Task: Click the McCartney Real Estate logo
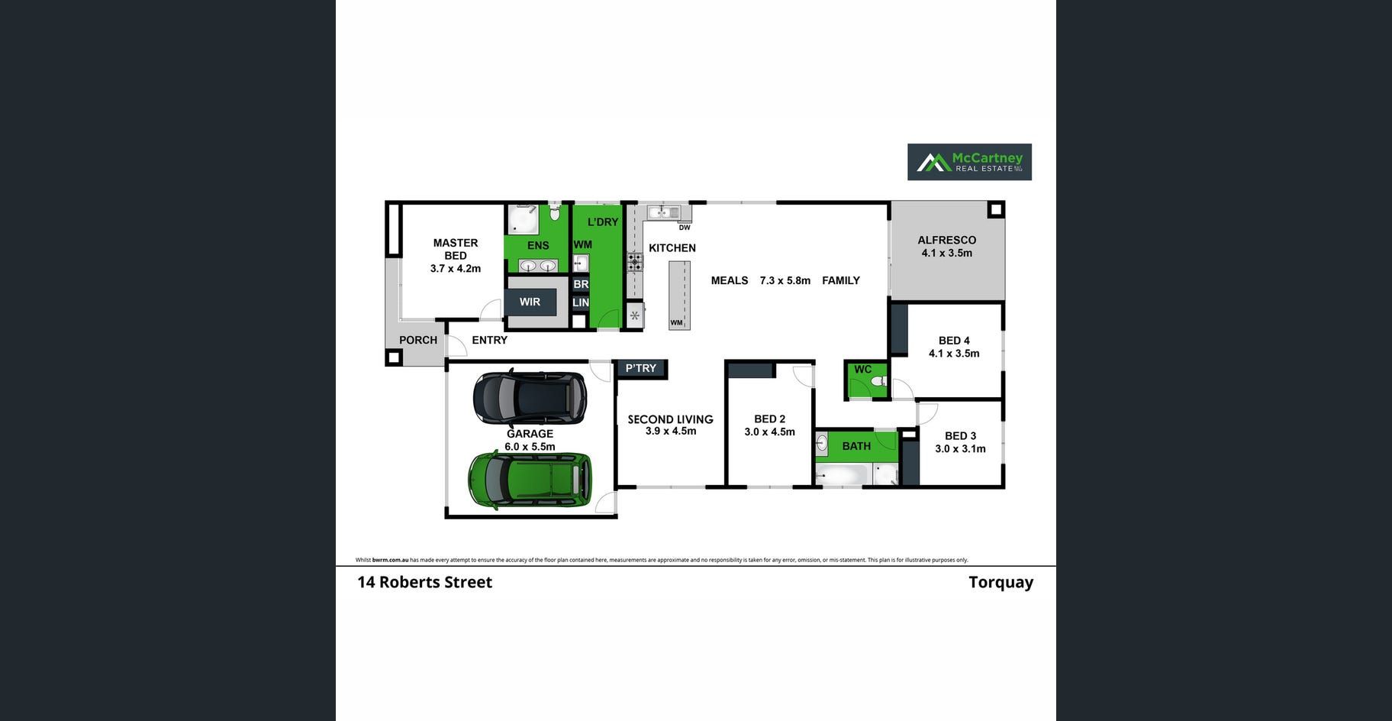[x=969, y=162]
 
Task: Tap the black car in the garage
[x=530, y=397]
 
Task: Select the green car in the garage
[x=530, y=480]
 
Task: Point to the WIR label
[x=530, y=302]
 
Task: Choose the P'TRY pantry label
[x=641, y=368]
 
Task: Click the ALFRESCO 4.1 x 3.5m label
[x=946, y=247]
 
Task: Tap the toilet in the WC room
[x=878, y=381]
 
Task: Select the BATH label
[x=856, y=446]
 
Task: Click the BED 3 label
[x=960, y=442]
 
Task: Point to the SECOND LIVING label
[x=670, y=425]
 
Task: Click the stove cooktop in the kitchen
[x=635, y=262]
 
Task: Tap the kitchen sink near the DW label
[x=663, y=212]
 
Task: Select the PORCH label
[x=418, y=340]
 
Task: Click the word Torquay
[x=1000, y=582]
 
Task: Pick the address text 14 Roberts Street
[x=424, y=582]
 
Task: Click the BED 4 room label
[x=954, y=347]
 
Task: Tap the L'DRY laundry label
[x=603, y=222]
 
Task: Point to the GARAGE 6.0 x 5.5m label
[x=530, y=440]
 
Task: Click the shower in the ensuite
[x=523, y=219]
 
